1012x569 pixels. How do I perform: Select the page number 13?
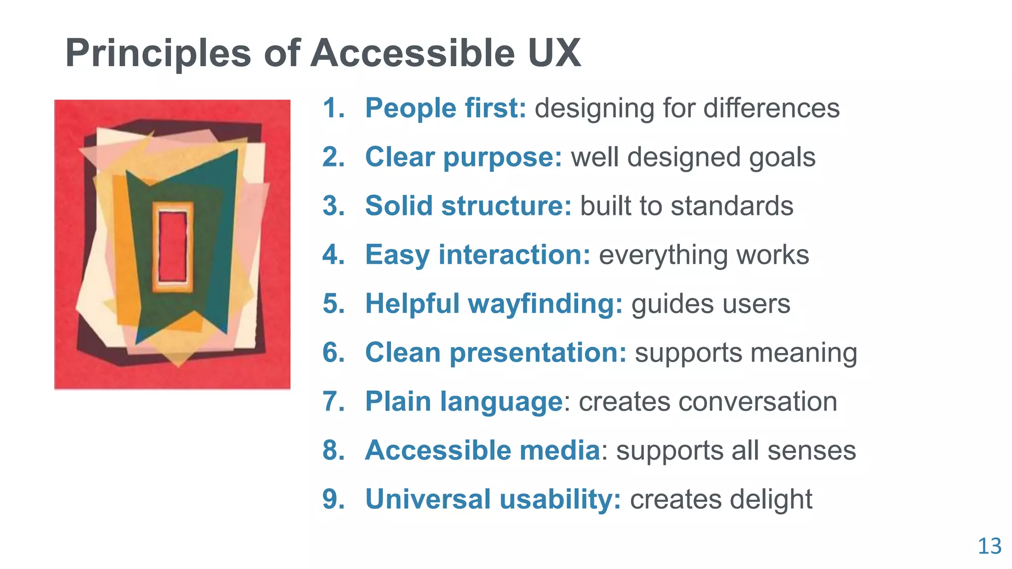tap(989, 546)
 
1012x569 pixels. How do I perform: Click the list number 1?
tap(334, 108)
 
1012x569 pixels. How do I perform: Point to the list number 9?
tap(334, 499)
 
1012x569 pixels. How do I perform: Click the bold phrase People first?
tap(445, 108)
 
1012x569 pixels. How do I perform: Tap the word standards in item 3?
tap(732, 206)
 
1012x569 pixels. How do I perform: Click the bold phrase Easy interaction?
tap(477, 255)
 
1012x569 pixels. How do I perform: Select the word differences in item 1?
tap(771, 108)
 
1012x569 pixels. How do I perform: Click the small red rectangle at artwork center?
tap(172, 246)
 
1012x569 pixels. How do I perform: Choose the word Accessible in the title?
tap(413, 53)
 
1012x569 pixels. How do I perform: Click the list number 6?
tap(334, 353)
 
